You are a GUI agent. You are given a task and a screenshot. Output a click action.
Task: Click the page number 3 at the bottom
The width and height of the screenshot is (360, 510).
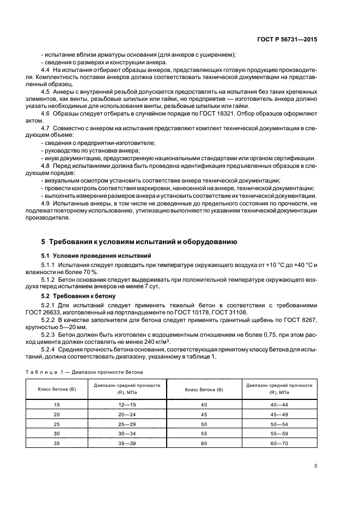tap(315, 466)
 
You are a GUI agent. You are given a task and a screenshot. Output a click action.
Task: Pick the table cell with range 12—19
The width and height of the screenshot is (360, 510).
tap(126, 405)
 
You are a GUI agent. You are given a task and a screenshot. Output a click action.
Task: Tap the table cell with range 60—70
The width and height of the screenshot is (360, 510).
tap(279, 444)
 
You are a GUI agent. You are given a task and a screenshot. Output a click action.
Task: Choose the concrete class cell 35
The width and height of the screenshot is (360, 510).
tap(56, 444)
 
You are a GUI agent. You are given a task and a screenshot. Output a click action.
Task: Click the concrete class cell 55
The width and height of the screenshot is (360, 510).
tap(204, 434)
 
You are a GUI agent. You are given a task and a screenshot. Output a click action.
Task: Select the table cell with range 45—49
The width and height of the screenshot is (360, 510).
tap(279, 415)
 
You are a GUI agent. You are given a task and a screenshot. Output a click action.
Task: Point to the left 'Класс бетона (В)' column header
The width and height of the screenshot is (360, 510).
tap(56, 389)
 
